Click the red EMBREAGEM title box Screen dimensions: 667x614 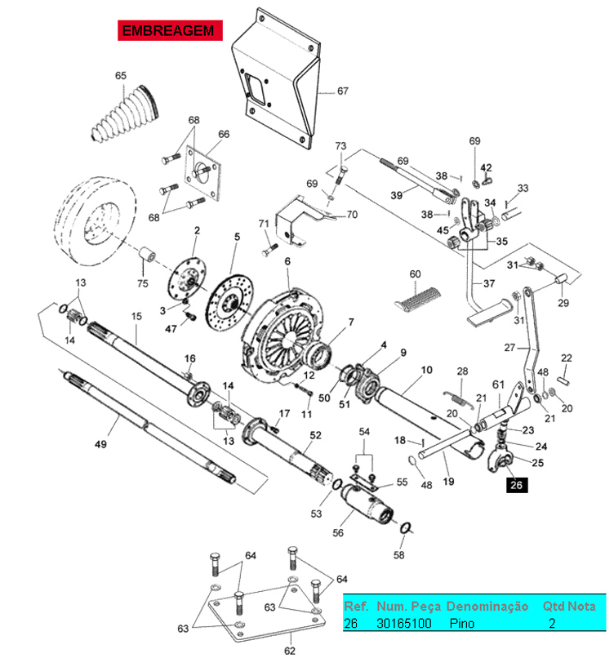[167, 31]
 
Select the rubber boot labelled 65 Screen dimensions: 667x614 [124, 116]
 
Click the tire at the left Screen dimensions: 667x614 [94, 221]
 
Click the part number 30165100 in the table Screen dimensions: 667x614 [403, 623]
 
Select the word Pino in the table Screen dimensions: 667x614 [462, 623]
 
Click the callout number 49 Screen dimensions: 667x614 [100, 445]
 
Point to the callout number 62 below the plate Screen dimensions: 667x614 [289, 651]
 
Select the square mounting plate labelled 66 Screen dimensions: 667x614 [204, 174]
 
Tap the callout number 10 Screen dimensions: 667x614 [426, 369]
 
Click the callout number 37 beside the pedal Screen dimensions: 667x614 [489, 284]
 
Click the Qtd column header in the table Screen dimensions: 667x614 [554, 607]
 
